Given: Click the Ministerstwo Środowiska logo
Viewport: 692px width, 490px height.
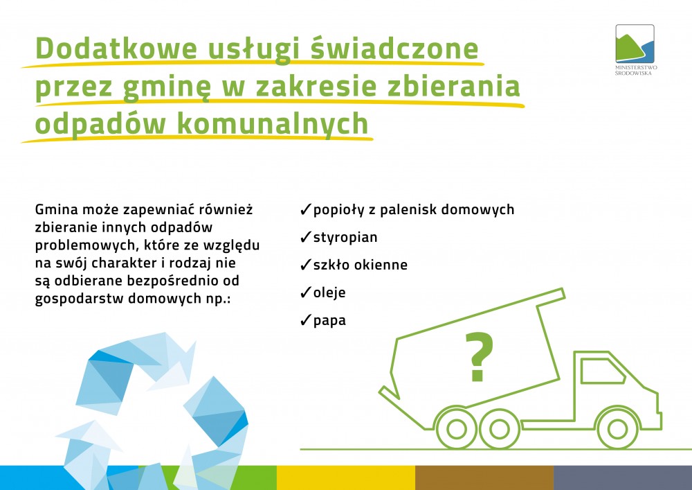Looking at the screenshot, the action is [635, 49].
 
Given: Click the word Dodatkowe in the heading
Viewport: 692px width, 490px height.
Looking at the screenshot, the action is [116, 48].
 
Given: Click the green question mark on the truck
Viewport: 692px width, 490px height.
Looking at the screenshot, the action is [479, 356].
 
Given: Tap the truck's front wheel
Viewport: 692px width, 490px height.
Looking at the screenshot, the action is [617, 428].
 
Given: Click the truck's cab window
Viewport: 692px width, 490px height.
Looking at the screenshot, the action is [603, 371].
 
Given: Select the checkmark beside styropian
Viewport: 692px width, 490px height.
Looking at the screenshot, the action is [305, 237].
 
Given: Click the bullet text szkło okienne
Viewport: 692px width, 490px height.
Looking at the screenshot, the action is [360, 265].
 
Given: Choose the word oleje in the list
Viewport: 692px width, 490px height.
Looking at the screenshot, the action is [329, 293].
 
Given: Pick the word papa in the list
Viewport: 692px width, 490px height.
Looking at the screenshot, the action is [329, 321].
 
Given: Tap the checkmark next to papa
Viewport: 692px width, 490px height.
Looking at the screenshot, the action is [305, 320].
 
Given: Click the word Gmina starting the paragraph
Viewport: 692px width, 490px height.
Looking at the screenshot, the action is [56, 209].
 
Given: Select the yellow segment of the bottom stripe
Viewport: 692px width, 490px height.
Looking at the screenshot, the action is [346, 478].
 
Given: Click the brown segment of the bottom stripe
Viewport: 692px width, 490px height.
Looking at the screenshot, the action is [484, 478].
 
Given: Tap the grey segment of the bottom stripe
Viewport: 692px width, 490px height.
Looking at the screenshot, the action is [623, 478].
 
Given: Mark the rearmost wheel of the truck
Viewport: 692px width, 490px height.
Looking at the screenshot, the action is [456, 428].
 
